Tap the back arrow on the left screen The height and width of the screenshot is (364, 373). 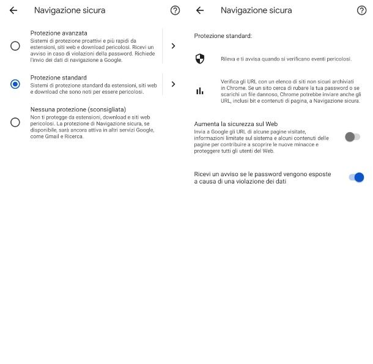click(13, 10)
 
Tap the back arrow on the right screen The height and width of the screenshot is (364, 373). click(200, 10)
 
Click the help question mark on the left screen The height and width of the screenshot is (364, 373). click(175, 10)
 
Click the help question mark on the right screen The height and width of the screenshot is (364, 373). click(361, 10)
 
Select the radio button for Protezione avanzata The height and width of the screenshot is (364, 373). click(15, 46)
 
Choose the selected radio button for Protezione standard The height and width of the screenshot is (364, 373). click(15, 84)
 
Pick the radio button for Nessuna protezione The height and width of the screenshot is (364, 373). click(15, 122)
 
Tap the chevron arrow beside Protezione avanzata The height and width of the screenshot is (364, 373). click(173, 46)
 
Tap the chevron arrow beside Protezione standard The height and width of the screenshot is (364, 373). click(173, 84)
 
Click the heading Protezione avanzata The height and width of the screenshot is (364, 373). click(59, 32)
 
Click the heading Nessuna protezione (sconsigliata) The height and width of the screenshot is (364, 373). click(78, 110)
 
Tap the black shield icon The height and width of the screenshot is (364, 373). click(200, 59)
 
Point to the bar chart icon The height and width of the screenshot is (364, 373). click(200, 91)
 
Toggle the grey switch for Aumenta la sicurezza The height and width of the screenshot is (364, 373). click(352, 137)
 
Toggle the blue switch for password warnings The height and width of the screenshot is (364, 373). click(356, 177)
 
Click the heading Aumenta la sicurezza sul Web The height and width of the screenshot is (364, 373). click(236, 124)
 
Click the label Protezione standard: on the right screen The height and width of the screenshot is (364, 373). click(223, 36)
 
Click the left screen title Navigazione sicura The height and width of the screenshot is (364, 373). click(70, 10)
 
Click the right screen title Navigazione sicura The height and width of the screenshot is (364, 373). click(256, 10)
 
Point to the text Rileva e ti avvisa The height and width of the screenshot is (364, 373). click(286, 59)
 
